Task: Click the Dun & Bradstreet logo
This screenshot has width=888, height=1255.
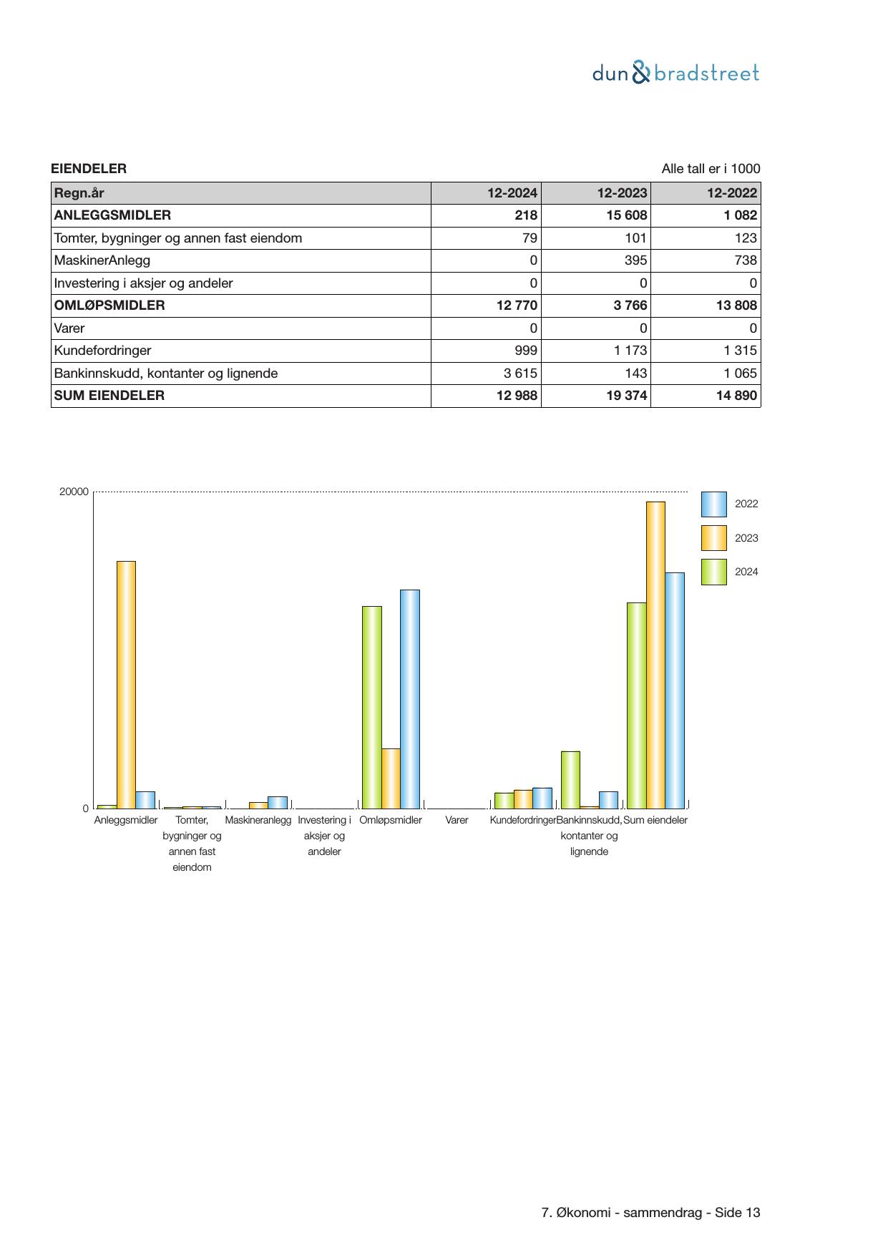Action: (675, 73)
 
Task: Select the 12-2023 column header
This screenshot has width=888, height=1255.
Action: (622, 193)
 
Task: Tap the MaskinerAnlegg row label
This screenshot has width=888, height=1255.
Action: (102, 260)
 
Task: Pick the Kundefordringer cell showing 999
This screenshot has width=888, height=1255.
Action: (525, 351)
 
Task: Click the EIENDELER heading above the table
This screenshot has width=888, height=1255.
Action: (89, 169)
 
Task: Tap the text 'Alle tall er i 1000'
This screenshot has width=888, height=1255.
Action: (711, 169)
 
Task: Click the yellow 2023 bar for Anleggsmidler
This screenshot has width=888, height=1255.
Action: (126, 684)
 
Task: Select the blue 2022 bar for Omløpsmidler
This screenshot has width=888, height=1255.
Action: (409, 698)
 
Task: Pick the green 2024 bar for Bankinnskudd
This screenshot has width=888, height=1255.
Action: (570, 779)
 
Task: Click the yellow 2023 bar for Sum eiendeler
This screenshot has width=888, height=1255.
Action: (655, 655)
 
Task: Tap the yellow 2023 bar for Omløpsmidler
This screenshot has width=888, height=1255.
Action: (391, 778)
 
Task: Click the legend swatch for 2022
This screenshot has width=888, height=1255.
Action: (713, 504)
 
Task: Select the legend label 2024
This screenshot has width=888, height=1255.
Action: (746, 572)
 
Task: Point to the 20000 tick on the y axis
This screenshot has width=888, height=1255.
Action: (74, 492)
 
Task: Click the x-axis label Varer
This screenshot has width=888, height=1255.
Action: (457, 820)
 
